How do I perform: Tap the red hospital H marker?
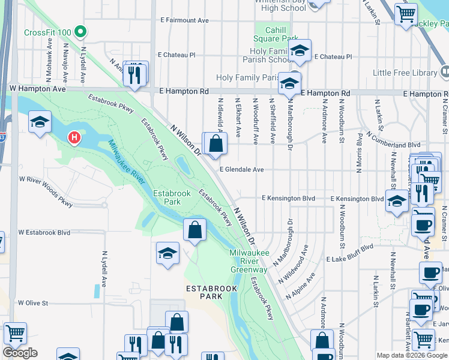[74, 138]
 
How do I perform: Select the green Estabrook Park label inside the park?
[172, 197]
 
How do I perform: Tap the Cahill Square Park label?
[277, 34]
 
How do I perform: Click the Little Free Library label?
[405, 73]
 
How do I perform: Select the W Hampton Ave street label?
[38, 88]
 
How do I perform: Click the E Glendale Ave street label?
[241, 170]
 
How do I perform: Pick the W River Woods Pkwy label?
[46, 191]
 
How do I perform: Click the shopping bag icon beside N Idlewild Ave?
[215, 143]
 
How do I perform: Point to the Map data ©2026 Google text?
[412, 355]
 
